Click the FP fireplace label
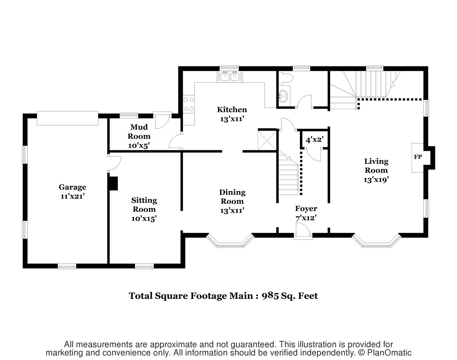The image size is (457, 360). point(418,157)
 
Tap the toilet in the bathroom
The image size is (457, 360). point(285,77)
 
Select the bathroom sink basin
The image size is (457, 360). point(283,96)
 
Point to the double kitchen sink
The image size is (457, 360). point(229,76)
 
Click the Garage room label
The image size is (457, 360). point(72,187)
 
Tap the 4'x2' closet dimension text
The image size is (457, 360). point(315,139)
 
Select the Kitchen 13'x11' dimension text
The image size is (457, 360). point(232,119)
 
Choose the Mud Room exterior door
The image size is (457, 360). point(162,120)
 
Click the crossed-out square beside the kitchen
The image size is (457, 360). point(267,141)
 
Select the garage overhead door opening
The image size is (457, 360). point(67,118)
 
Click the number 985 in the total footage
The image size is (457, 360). point(270,296)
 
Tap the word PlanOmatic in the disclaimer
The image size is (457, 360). point(389,352)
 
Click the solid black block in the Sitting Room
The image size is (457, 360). point(113,183)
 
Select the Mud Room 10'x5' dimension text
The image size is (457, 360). point(139,145)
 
